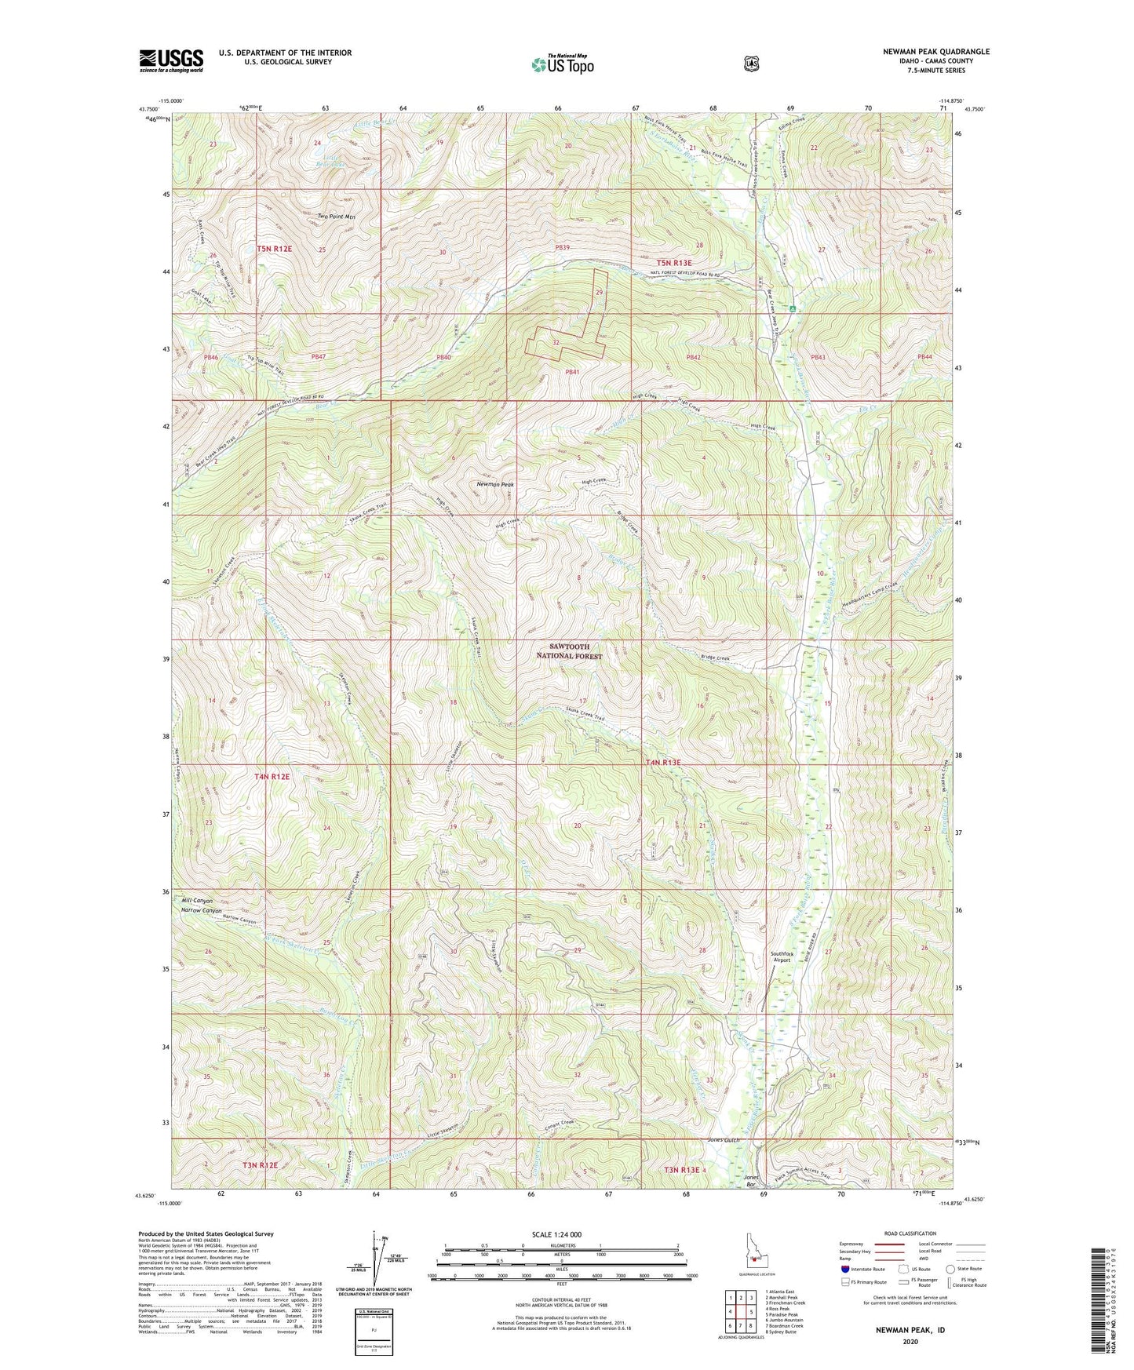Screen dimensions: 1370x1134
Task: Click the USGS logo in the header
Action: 171,60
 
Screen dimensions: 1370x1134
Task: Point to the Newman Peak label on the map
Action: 495,485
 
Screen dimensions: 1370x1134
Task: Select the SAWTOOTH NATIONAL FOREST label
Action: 570,651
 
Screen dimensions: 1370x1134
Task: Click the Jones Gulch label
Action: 724,1140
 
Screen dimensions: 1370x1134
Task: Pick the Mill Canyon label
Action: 197,901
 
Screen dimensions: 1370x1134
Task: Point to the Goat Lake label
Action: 202,299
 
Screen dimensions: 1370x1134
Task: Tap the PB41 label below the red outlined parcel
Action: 571,372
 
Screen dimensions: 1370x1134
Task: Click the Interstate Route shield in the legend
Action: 844,1269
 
